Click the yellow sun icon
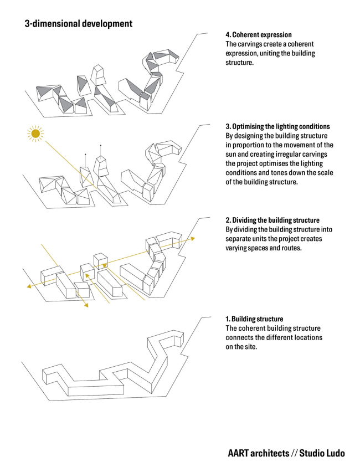pyautogui.click(x=35, y=134)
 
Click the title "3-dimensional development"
pyautogui.click(x=79, y=24)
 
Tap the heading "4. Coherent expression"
pyautogui.click(x=259, y=34)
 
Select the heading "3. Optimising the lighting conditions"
pyautogui.click(x=277, y=126)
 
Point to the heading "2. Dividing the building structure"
pyautogui.click(x=272, y=220)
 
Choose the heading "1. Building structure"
pyautogui.click(x=254, y=319)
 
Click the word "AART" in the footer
pyautogui.click(x=238, y=453)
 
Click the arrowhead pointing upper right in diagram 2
pyautogui.click(x=192, y=239)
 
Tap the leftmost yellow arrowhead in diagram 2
pyautogui.click(x=29, y=286)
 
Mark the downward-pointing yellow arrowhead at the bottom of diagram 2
pyautogui.click(x=86, y=305)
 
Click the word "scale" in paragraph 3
pyautogui.click(x=324, y=173)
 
